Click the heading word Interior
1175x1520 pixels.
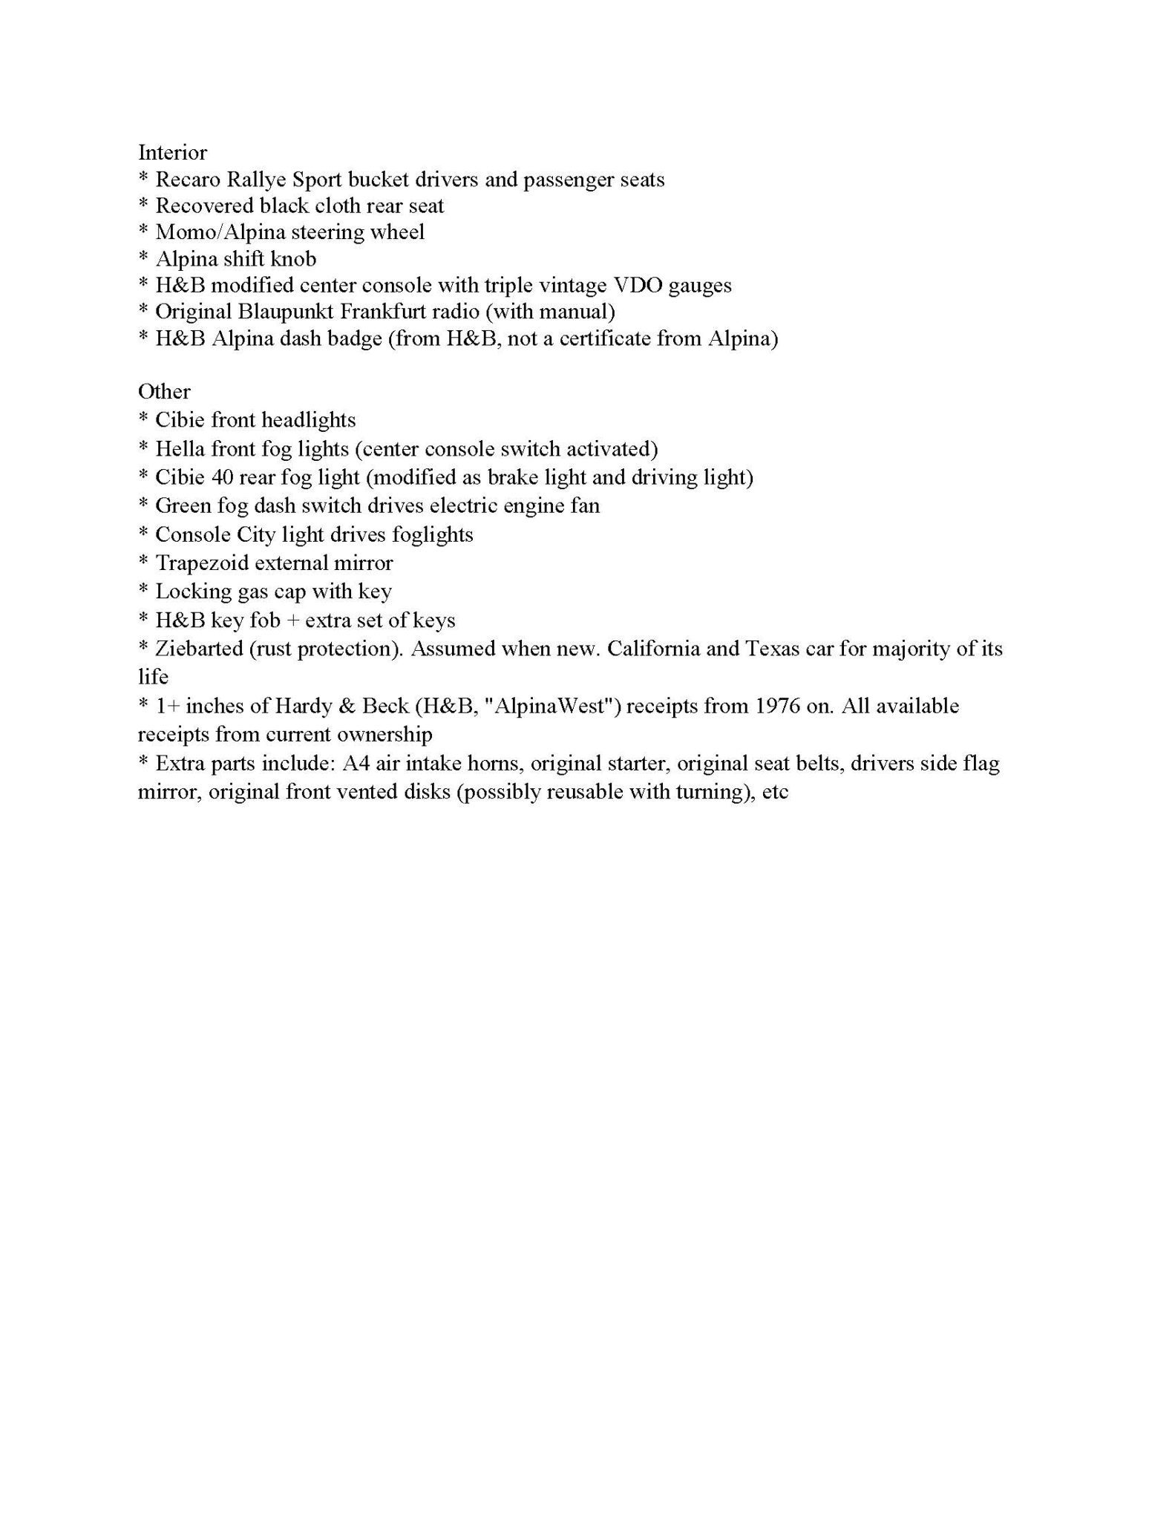coord(172,153)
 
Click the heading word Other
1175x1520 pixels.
coord(164,392)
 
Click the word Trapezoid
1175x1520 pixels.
coord(201,563)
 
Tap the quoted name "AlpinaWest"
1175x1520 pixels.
coord(552,706)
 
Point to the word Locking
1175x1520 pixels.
coord(189,592)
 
